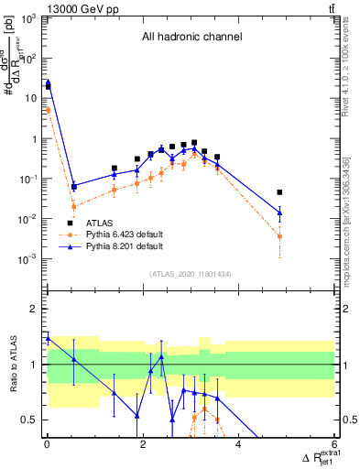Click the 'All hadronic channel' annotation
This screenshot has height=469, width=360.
(190, 38)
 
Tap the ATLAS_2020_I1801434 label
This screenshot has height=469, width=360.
(189, 275)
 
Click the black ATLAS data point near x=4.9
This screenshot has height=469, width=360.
(279, 192)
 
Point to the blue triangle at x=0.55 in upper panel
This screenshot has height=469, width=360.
(73, 186)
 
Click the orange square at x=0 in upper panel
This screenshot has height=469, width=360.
(48, 110)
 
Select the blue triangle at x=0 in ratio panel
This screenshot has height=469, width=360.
(48, 338)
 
